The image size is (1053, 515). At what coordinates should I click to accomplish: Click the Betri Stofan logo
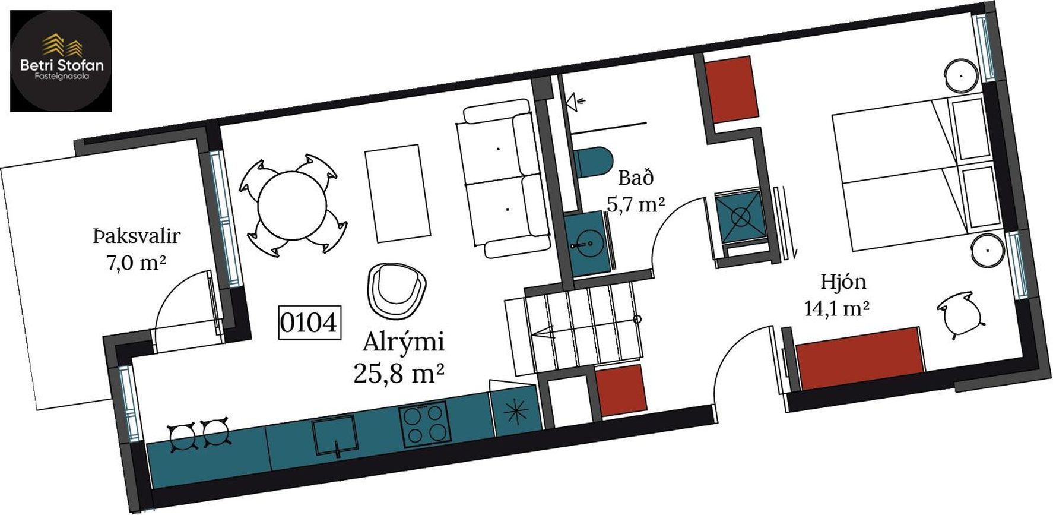61,61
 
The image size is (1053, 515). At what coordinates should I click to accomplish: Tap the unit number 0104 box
310,323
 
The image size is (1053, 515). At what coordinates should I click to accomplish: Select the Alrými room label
403,342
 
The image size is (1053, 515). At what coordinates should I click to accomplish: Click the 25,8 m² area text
399,374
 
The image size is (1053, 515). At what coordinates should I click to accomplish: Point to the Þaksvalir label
136,236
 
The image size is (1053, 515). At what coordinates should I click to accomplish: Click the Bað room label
636,178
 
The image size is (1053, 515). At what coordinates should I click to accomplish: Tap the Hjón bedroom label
843,282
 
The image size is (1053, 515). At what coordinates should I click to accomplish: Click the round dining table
292,206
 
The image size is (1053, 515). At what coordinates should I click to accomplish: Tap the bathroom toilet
592,162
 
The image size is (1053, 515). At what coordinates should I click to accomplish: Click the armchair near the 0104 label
397,290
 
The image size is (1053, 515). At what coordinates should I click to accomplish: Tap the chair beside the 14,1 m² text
959,315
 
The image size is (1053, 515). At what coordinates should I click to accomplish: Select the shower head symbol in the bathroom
576,102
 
